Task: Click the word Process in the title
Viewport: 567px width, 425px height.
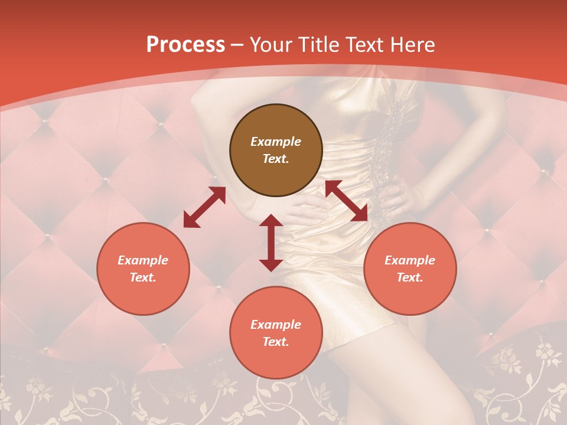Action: (185, 45)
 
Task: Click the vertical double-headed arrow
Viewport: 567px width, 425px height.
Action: (271, 243)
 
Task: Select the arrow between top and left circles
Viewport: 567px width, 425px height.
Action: (204, 207)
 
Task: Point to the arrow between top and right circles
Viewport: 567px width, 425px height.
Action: (347, 201)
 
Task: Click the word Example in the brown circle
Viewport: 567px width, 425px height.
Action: (276, 142)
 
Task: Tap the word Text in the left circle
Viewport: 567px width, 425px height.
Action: (143, 277)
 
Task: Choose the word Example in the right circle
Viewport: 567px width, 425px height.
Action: (410, 260)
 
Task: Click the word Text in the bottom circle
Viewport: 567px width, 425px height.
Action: (276, 342)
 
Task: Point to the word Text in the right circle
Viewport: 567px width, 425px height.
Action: (410, 277)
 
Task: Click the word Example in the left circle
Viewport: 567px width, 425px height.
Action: (143, 260)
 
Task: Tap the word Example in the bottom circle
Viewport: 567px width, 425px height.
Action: (276, 325)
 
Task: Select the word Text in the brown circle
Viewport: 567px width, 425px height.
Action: (276, 159)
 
